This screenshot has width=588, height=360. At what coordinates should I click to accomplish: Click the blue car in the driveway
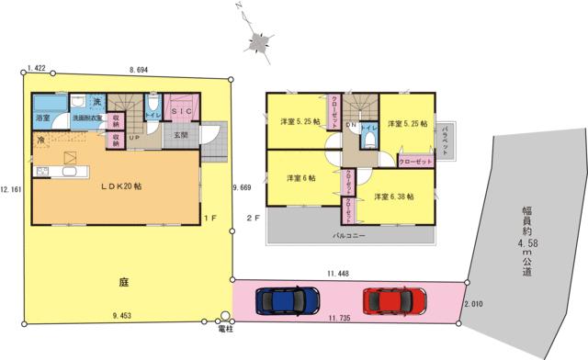(285, 300)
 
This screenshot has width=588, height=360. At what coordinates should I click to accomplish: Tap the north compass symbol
(258, 42)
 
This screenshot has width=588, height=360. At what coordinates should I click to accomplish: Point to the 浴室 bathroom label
(42, 119)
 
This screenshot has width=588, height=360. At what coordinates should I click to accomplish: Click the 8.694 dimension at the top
(141, 69)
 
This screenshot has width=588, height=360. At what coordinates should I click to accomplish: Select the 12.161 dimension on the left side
(10, 189)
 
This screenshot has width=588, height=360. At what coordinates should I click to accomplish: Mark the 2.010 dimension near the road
(473, 304)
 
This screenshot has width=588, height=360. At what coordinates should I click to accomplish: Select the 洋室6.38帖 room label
(392, 197)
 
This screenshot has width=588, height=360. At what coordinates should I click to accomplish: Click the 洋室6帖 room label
(300, 177)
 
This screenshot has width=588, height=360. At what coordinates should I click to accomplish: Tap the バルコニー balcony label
(349, 236)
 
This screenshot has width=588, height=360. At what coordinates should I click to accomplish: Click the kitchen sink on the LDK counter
(42, 173)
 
